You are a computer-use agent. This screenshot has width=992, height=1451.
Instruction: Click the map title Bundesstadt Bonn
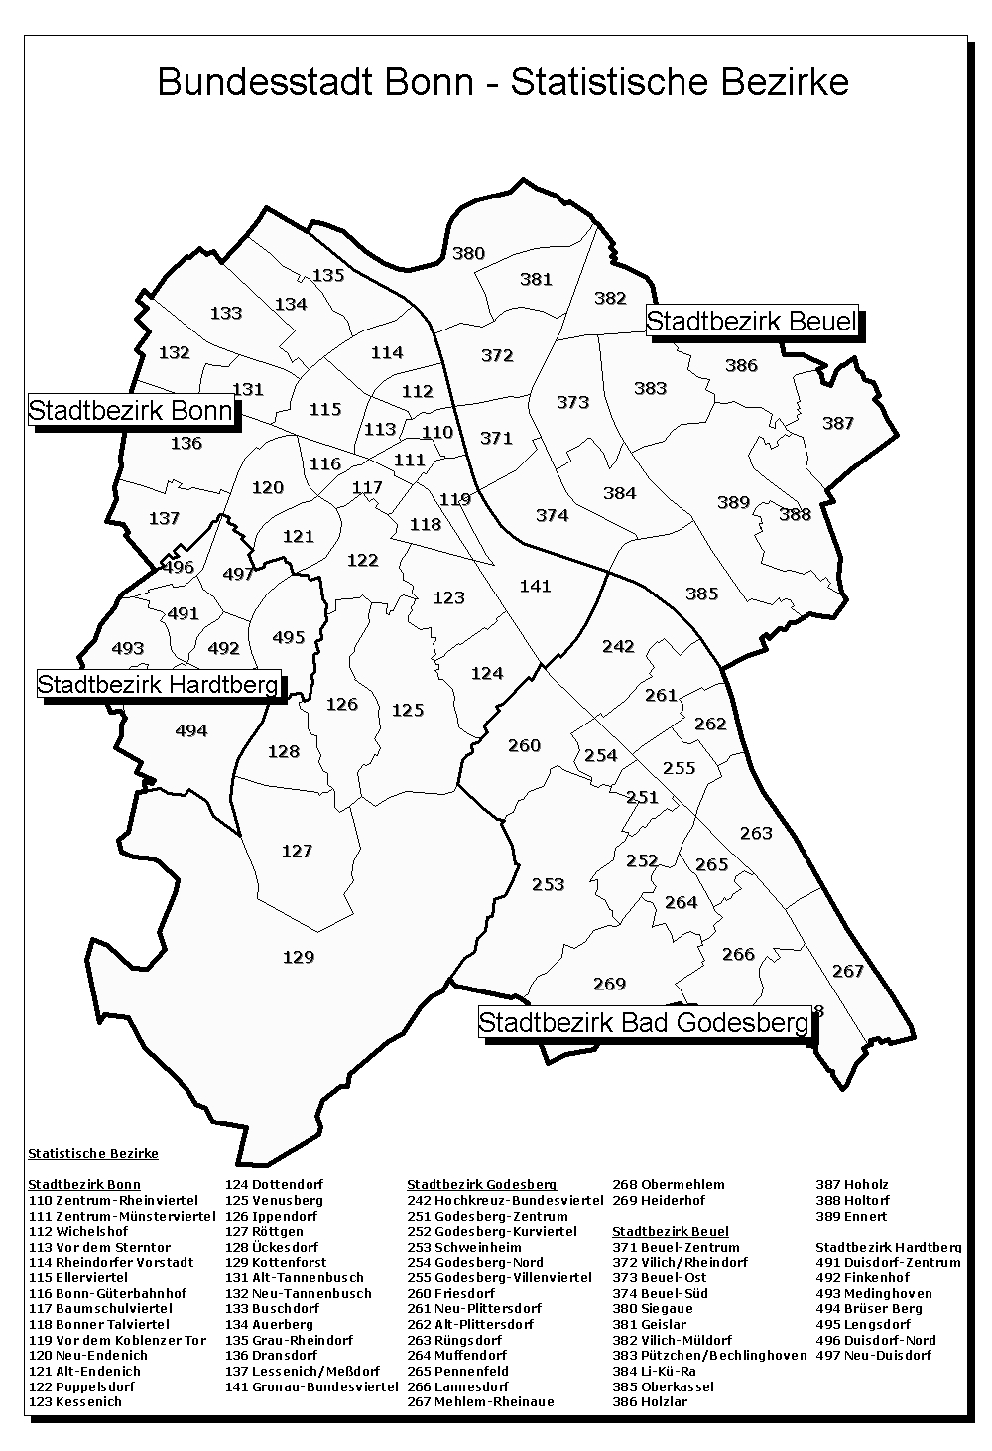[503, 81]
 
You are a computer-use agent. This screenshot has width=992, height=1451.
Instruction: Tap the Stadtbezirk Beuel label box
[751, 322]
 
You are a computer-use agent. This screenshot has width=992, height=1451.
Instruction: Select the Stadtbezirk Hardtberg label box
[159, 684]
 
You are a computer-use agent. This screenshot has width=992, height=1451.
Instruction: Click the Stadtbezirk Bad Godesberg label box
[644, 1022]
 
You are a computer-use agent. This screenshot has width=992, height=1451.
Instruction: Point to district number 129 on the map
[298, 957]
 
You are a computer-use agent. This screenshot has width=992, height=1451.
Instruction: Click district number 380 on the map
[468, 253]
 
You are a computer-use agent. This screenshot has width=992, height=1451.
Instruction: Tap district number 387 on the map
[837, 423]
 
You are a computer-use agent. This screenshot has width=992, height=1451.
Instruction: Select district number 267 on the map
[847, 971]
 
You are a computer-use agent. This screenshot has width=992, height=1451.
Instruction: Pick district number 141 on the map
[535, 586]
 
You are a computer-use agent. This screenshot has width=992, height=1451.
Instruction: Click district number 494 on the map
[190, 730]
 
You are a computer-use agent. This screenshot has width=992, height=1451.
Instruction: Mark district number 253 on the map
[548, 884]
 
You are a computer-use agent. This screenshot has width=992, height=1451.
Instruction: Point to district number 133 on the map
[226, 313]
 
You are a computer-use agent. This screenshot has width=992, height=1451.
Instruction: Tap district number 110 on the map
[436, 432]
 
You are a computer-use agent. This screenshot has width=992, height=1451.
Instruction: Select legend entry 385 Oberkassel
[663, 1386]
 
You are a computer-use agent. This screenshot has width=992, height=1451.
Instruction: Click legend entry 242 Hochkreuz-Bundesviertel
[505, 1200]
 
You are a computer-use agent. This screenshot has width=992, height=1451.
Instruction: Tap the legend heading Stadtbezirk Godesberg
[482, 1184]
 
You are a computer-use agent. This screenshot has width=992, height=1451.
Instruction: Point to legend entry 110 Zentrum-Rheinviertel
[113, 1200]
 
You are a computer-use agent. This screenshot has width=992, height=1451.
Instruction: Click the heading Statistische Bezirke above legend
[93, 1153]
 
